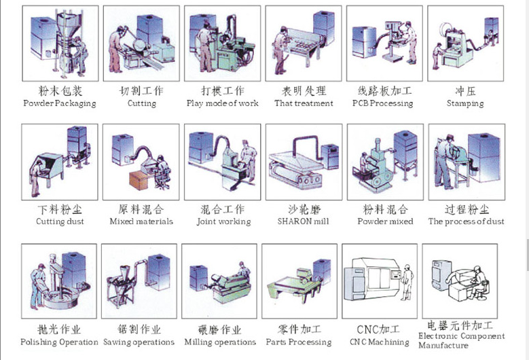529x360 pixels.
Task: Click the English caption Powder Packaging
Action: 60,104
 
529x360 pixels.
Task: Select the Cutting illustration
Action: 141,43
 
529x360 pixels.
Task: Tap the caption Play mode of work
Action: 223,104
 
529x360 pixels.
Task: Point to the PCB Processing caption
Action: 382,104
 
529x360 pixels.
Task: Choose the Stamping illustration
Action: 466,43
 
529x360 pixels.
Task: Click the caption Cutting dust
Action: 60,221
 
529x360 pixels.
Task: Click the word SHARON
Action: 293,221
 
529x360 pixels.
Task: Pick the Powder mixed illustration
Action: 385,162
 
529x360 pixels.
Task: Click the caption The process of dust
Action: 466,221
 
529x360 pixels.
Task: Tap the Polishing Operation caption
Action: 59,342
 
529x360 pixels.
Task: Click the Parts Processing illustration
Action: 299,281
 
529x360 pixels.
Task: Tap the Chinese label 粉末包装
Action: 60,90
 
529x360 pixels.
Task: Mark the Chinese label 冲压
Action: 465,90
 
